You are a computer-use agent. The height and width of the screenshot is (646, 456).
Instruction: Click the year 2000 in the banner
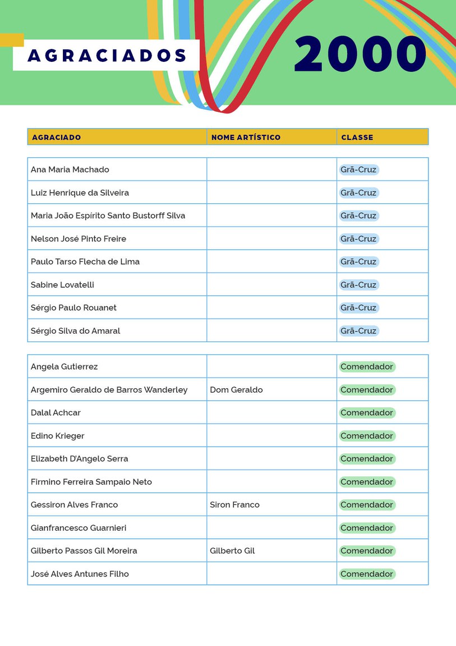click(360, 54)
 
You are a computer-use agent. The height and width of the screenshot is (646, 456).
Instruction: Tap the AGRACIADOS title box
click(107, 55)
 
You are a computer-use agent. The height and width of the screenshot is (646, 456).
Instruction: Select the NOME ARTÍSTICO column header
click(246, 137)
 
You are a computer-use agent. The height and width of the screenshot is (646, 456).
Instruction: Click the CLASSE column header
click(357, 137)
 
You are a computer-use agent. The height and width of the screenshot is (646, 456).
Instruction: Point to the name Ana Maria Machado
click(70, 170)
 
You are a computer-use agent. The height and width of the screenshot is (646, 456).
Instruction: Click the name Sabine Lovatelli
click(62, 285)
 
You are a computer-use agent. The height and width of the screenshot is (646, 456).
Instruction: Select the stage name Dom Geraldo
click(236, 390)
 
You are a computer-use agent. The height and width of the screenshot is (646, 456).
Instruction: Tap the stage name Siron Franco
click(234, 505)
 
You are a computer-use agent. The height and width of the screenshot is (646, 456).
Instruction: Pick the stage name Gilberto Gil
click(232, 551)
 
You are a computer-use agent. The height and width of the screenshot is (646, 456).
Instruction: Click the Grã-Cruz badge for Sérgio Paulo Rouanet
click(358, 308)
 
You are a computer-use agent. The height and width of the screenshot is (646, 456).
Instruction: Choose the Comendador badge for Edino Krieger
click(367, 436)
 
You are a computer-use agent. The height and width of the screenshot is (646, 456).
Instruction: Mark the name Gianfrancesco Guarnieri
click(79, 528)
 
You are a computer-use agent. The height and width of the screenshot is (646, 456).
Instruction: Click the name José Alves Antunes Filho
click(80, 574)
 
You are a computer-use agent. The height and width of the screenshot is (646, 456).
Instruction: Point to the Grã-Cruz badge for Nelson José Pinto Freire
click(358, 239)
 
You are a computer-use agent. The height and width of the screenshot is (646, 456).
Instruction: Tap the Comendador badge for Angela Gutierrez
click(367, 367)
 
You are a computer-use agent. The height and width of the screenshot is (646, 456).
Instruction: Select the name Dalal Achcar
click(56, 413)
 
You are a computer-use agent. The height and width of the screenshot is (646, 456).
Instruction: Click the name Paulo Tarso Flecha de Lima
click(85, 262)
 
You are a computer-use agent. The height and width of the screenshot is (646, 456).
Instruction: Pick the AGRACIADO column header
click(57, 137)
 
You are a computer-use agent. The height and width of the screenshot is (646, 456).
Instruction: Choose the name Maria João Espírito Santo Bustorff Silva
click(108, 216)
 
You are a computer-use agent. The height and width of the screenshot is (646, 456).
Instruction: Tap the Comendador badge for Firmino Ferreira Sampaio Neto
click(367, 482)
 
